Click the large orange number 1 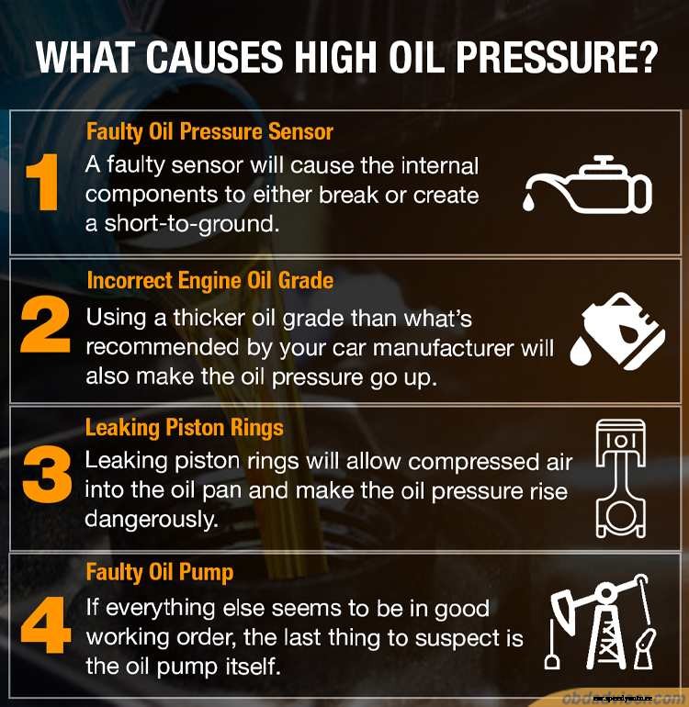coord(42,182)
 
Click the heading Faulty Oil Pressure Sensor coord(209,131)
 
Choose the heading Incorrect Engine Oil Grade coord(209,280)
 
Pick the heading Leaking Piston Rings coord(184,427)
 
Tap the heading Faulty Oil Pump coord(159,573)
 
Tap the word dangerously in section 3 coord(152,518)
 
